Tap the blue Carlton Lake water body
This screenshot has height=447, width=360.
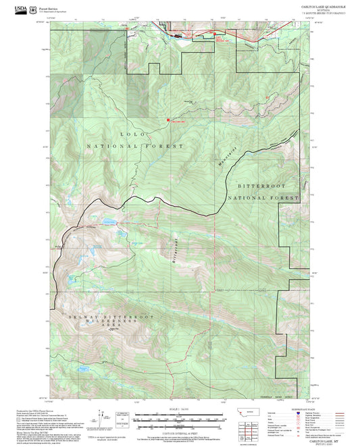pyautogui.click(x=109, y=221)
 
